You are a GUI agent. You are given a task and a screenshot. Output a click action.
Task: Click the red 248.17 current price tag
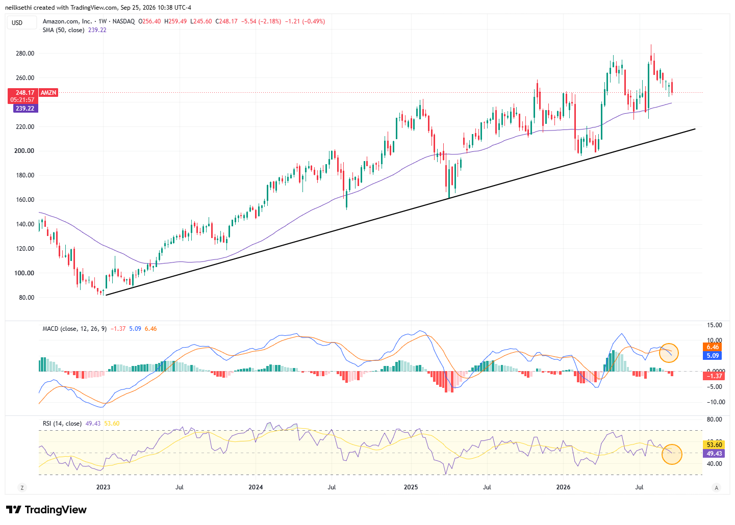tap(22, 96)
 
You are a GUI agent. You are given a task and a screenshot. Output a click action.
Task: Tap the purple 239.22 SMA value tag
tap(26, 108)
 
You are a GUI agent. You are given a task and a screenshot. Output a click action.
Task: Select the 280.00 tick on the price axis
tap(25, 53)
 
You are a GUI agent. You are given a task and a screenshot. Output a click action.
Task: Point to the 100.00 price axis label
tap(24, 273)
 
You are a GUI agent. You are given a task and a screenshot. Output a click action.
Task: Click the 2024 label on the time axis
tap(256, 487)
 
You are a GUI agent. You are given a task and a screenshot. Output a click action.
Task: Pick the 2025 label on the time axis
tap(411, 487)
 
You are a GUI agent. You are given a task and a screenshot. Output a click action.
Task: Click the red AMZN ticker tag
tap(48, 92)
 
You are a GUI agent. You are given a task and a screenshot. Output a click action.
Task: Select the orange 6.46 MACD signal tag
tap(712, 347)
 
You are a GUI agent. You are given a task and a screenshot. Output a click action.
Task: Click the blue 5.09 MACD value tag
tap(712, 355)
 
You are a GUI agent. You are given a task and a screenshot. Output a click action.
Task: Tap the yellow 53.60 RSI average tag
tap(714, 444)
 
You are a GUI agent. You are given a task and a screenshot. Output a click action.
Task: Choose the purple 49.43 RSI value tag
tap(714, 453)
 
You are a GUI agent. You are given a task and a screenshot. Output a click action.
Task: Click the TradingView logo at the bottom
tap(46, 510)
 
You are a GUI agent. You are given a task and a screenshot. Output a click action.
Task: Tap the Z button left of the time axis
tap(22, 488)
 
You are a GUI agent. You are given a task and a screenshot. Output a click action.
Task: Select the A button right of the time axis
tap(716, 488)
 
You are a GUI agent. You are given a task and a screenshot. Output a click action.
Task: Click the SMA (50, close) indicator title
tap(63, 30)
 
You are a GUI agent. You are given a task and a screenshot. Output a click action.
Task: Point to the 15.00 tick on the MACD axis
tap(714, 325)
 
